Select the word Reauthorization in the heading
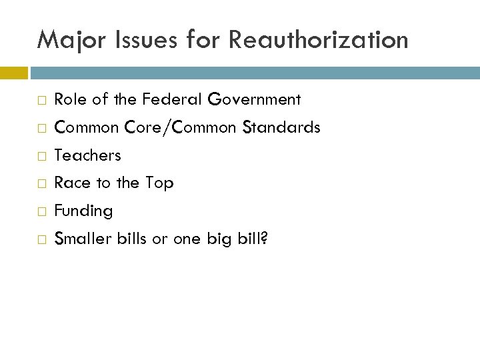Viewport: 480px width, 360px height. tap(318, 41)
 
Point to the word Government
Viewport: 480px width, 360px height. tap(255, 100)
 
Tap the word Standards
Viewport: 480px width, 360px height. tap(281, 127)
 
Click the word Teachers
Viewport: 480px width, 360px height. tap(88, 155)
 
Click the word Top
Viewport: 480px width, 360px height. tap(160, 183)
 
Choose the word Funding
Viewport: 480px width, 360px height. tap(84, 211)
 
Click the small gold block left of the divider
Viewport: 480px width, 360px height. tap(13, 71)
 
